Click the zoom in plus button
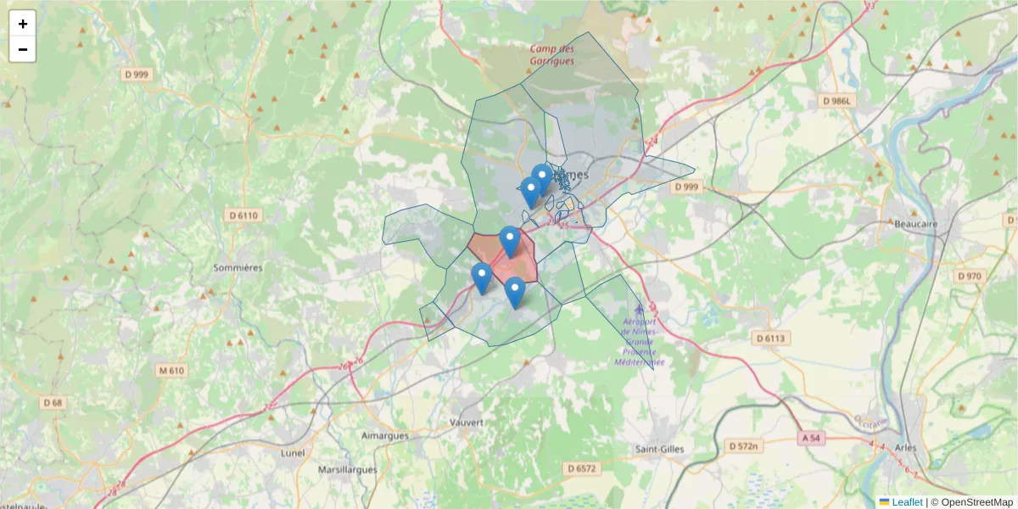[23, 24]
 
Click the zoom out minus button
[23, 49]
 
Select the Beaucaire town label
[915, 224]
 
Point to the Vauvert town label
[467, 422]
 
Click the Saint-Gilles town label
[659, 449]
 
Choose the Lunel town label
[293, 452]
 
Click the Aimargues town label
[384, 435]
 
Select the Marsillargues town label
[347, 469]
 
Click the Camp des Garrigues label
[552, 55]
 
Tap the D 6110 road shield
[243, 215]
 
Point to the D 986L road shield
[841, 101]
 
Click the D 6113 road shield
[772, 338]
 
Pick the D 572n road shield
[745, 445]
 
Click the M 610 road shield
[171, 370]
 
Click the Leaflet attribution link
[907, 502]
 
